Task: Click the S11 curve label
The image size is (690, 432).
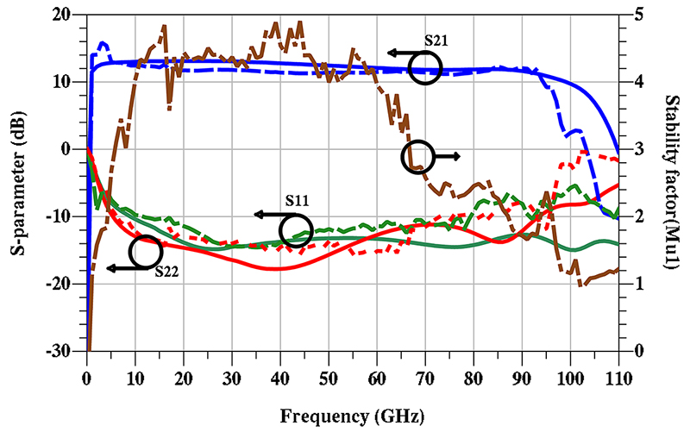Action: coord(298,201)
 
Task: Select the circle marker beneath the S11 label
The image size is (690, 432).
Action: coord(296,230)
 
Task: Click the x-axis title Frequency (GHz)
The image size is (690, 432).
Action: coord(353,416)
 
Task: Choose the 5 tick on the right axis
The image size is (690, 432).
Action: coord(636,15)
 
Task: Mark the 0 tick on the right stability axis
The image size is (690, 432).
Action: coord(636,351)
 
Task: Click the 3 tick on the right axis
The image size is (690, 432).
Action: coord(636,149)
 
